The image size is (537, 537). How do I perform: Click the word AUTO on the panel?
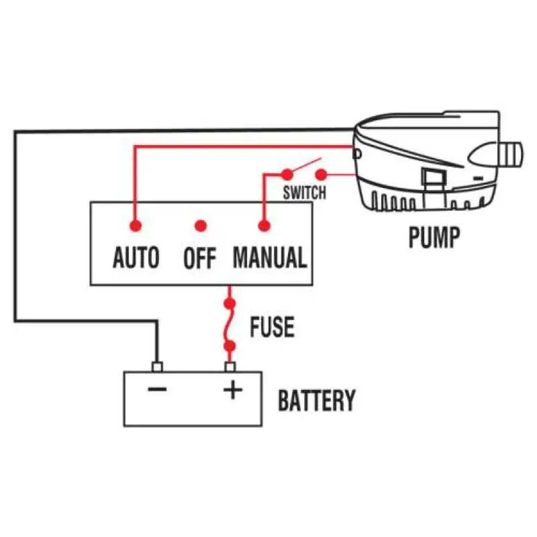pos(136,257)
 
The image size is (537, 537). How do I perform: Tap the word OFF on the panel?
pos(200,258)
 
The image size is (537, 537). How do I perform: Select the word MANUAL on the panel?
pos(270,257)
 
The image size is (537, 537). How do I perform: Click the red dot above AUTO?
pos(135,225)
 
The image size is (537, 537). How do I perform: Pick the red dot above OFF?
pos(199,226)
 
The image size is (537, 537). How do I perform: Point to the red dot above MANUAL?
pos(263,225)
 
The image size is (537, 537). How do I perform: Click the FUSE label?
pos(272,327)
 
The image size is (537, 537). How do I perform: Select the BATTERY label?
pos(316,401)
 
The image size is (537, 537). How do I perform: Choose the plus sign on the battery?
pos(232,390)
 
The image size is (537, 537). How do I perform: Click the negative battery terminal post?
pos(158,367)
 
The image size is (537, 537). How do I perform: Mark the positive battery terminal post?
pos(231,367)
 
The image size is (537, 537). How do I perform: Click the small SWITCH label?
pos(304,193)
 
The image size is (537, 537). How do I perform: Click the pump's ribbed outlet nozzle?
pos(511,153)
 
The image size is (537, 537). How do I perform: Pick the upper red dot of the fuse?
pos(231,304)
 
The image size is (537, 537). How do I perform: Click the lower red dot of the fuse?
pos(231,346)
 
